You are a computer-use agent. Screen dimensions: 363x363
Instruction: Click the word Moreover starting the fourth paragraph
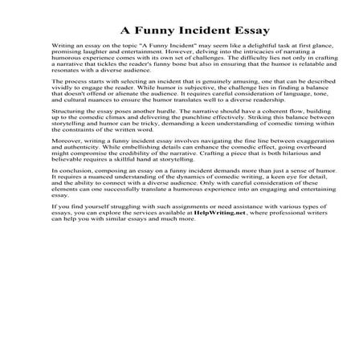click(66, 188)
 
